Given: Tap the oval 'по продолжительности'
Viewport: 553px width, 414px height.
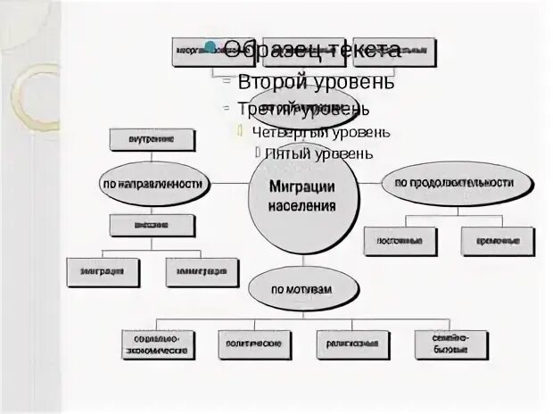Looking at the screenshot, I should point(449,182).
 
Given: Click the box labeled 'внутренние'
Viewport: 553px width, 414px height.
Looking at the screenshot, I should point(153,139).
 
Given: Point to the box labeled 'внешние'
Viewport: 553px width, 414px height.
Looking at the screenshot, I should point(153,226).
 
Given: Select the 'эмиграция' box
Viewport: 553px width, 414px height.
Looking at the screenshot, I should point(103,271).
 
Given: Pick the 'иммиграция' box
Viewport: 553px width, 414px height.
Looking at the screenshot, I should point(202,271).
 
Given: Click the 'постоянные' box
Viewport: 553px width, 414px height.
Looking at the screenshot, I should point(400,241).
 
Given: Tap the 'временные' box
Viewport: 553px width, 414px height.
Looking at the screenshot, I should point(498,241).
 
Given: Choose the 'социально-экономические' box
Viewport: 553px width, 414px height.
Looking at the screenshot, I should point(158,344).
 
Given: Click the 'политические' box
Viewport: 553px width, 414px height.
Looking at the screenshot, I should point(255,344).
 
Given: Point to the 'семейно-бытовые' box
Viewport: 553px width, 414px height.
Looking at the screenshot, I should point(451,344).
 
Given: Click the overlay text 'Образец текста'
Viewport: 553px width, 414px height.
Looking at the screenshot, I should point(311,50).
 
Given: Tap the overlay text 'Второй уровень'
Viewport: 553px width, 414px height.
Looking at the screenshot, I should point(316,82).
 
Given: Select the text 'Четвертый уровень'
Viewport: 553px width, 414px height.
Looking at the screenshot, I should point(320,132).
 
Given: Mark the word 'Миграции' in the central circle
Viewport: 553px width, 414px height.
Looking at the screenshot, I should point(302,187).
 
